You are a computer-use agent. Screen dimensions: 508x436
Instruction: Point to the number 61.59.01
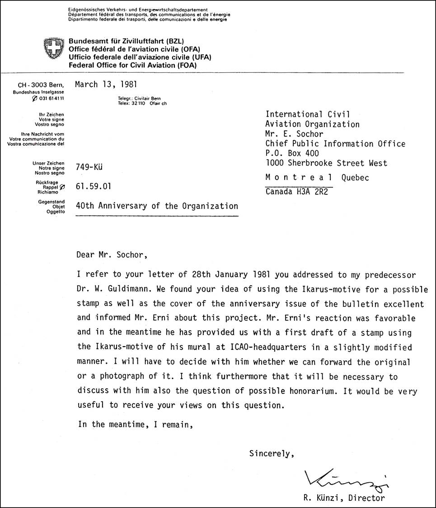pos(94,186)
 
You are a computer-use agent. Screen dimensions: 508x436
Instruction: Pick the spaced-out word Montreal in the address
pos(299,178)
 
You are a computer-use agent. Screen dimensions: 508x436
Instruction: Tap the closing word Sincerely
pos(272,453)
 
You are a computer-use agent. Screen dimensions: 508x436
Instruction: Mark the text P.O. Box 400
pos(291,153)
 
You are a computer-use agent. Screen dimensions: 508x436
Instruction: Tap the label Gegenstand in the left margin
pos(52,202)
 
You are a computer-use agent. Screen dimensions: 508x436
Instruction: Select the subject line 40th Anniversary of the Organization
pos(157,206)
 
